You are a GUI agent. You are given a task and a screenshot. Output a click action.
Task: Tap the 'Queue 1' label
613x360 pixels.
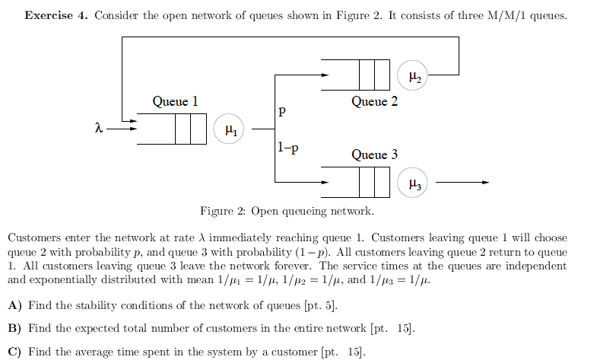click(x=175, y=101)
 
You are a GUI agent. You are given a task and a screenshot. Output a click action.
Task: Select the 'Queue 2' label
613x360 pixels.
click(x=374, y=101)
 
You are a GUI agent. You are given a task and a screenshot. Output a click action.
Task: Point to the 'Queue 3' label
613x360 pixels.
click(x=374, y=155)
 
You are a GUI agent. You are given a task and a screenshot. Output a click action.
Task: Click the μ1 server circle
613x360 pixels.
click(x=230, y=130)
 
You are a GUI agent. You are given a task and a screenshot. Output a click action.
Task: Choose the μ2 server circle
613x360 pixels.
click(x=413, y=75)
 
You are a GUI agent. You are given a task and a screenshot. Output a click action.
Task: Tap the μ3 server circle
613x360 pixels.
click(x=413, y=183)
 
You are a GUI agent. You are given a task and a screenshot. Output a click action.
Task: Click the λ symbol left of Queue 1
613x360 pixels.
click(x=98, y=129)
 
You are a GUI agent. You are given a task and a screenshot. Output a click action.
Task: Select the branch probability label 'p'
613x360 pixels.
click(x=282, y=110)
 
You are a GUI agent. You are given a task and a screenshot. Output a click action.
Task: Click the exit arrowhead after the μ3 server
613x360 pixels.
click(x=484, y=183)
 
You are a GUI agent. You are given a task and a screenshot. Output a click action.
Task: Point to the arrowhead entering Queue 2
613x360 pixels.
click(x=325, y=75)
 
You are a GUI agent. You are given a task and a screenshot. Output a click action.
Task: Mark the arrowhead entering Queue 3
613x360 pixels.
click(x=325, y=183)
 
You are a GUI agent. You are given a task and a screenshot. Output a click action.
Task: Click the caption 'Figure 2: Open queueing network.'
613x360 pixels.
click(x=287, y=212)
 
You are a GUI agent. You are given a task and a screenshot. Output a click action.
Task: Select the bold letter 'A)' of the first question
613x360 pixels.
click(x=14, y=306)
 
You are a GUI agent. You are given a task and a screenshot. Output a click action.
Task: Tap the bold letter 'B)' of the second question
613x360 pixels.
click(x=14, y=329)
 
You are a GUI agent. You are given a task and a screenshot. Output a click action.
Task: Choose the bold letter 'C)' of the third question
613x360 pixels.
click(x=14, y=352)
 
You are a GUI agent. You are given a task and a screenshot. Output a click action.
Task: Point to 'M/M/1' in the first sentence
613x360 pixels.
click(x=501, y=15)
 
